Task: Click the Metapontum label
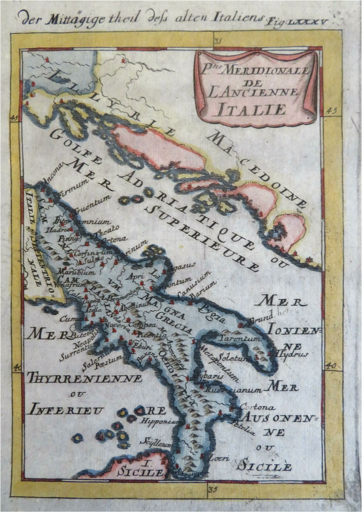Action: click(219, 363)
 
